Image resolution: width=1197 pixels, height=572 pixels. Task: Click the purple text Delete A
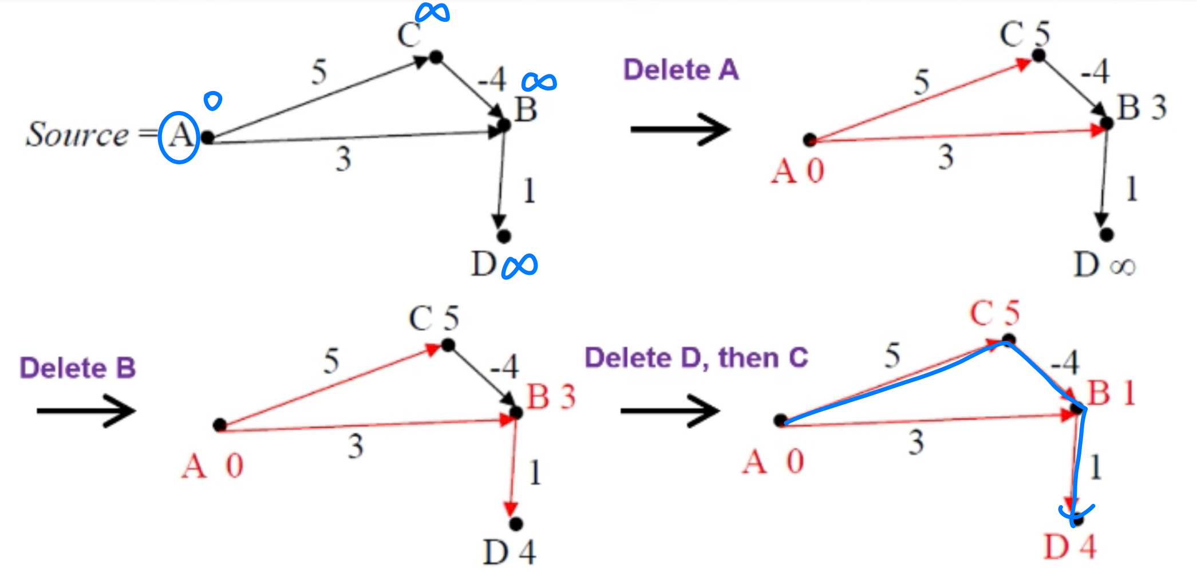(x=681, y=70)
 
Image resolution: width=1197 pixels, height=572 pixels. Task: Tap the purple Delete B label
(x=78, y=368)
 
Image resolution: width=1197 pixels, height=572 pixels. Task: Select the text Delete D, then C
(x=696, y=358)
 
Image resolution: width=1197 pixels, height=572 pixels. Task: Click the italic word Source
(x=77, y=135)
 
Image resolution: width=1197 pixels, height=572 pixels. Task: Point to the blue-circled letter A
(x=179, y=137)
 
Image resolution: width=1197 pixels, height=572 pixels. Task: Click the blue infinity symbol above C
(x=432, y=13)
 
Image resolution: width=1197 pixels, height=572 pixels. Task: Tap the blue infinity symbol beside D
(x=519, y=266)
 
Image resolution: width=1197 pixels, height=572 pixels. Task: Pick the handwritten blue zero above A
(x=213, y=101)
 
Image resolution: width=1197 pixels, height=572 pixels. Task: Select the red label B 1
(x=1111, y=393)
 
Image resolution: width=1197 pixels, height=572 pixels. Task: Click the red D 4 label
(x=1069, y=546)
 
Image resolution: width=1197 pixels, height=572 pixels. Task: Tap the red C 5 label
(x=994, y=313)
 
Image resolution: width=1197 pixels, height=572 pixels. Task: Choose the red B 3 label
(x=551, y=396)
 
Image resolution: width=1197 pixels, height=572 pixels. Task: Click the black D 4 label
(x=509, y=552)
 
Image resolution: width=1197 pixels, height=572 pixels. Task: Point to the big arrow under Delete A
(x=680, y=129)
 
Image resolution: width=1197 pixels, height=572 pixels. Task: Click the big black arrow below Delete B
(x=86, y=411)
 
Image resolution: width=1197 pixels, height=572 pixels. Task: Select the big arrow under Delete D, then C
(x=670, y=411)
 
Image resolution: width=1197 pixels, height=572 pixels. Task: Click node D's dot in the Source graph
(x=504, y=236)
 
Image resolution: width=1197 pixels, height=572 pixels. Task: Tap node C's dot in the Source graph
(x=436, y=57)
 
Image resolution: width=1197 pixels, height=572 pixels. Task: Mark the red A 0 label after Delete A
(x=797, y=171)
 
